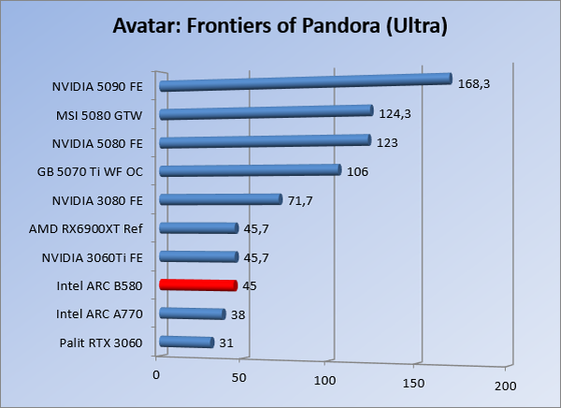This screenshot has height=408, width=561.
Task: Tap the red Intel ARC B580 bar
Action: (198, 284)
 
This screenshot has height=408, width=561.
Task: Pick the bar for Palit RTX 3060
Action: (187, 342)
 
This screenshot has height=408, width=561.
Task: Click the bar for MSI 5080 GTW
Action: (266, 113)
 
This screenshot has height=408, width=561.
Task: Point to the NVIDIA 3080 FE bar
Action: (221, 199)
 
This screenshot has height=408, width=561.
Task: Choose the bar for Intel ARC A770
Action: (193, 314)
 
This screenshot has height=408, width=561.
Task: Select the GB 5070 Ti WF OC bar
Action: (250, 170)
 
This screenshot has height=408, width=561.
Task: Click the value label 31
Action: (225, 343)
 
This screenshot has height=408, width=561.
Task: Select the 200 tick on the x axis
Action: (505, 386)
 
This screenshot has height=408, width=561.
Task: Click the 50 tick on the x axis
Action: (239, 378)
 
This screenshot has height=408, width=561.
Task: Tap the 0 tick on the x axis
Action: (156, 374)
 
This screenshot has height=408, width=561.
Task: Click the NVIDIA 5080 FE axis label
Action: (97, 143)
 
